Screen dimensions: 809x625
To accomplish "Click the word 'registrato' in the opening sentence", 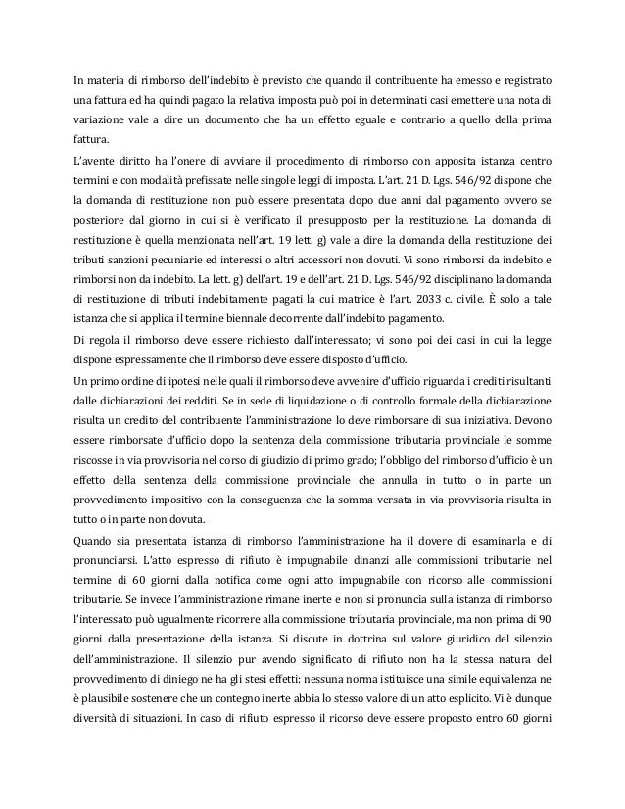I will coord(523,79).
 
